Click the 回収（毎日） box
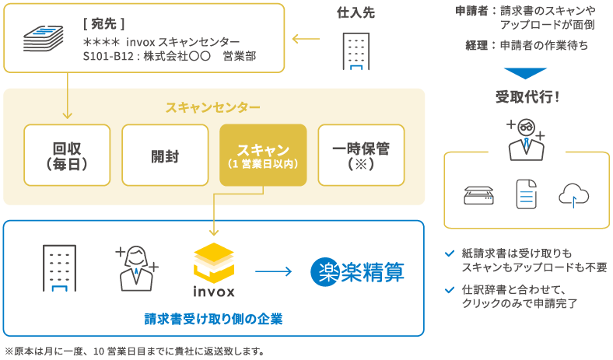click(x=68, y=156)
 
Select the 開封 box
click(x=165, y=156)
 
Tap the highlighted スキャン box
click(x=263, y=156)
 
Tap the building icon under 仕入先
click(x=357, y=51)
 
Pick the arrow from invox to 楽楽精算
click(x=273, y=271)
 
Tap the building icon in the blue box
click(x=59, y=268)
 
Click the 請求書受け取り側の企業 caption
click(x=213, y=319)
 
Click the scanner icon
click(x=478, y=194)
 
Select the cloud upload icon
click(x=573, y=194)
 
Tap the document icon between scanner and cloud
click(x=527, y=194)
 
